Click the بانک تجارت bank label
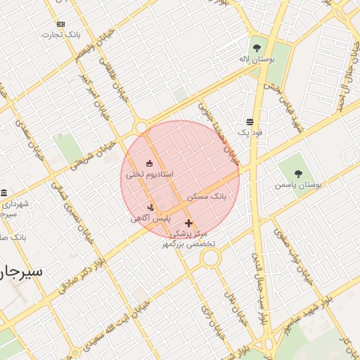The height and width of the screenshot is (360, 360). (x=60, y=34)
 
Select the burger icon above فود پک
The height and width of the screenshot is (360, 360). (x=250, y=122)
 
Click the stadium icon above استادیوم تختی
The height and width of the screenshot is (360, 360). (x=149, y=163)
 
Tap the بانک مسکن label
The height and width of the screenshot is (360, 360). (x=209, y=198)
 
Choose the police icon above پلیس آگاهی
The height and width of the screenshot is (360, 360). (x=150, y=207)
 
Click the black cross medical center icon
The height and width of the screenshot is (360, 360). (x=188, y=223)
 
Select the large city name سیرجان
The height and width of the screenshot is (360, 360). (x=21, y=271)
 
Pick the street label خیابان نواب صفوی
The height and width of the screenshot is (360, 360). (x=299, y=264)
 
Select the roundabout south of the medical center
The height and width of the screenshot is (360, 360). (x=210, y=258)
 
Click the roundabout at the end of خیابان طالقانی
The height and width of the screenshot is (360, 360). (x=141, y=127)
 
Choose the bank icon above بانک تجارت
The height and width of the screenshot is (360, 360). (x=60, y=24)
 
